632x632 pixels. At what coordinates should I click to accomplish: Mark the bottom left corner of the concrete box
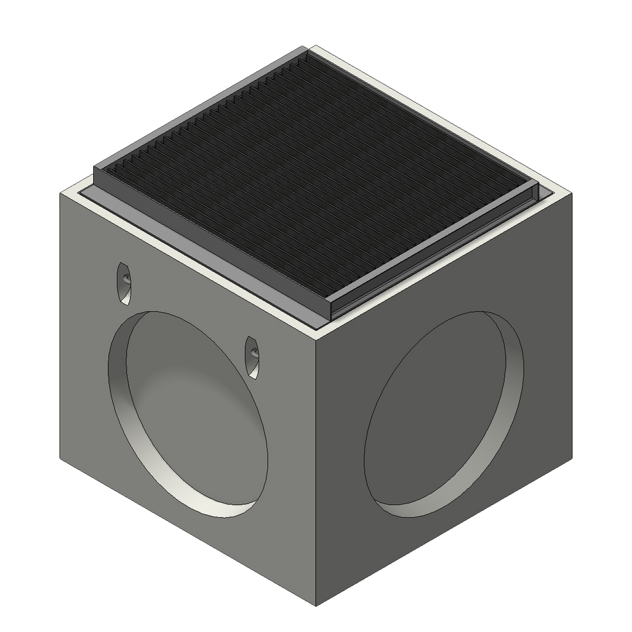click(59, 460)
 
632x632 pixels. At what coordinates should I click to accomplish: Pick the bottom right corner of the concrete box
click(574, 460)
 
